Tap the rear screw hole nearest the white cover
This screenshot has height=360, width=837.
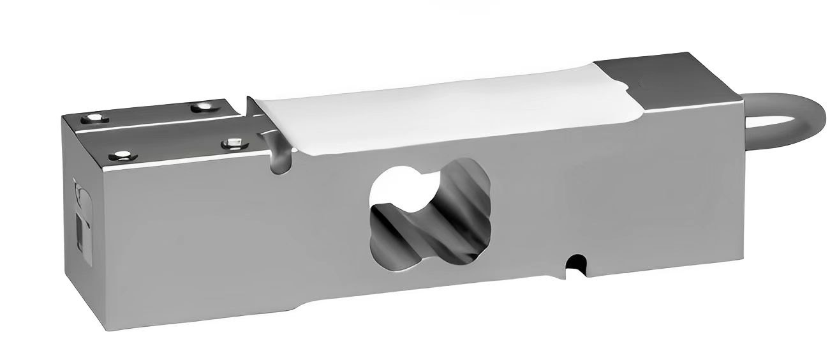[204, 107]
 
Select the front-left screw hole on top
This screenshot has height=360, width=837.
[121, 155]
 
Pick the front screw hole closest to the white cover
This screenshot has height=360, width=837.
[231, 143]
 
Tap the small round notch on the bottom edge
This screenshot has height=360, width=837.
[576, 262]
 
